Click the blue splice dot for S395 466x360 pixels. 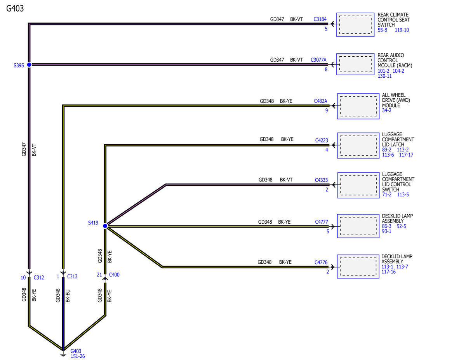tap(29, 64)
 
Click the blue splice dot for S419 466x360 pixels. tap(105, 226)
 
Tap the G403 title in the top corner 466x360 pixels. tap(15, 9)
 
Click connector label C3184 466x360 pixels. tap(320, 19)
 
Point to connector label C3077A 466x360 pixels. tap(318, 60)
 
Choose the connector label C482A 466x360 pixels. tap(320, 101)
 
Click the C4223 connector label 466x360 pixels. tap(322, 141)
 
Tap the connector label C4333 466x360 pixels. tap(321, 180)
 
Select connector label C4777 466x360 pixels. tap(321, 222)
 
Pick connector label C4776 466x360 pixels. tap(321, 263)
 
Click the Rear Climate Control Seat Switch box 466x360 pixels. tap(355, 24)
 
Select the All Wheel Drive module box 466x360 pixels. tap(358, 106)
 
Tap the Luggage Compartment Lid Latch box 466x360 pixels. tap(358, 146)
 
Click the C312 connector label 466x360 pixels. tap(39, 278)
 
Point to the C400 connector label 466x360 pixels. tap(114, 275)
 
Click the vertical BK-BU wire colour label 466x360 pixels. tap(68, 296)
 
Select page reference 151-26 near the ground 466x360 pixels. tap(78, 357)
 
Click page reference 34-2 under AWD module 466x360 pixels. tap(386, 110)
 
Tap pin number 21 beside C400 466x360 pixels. tap(99, 275)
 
